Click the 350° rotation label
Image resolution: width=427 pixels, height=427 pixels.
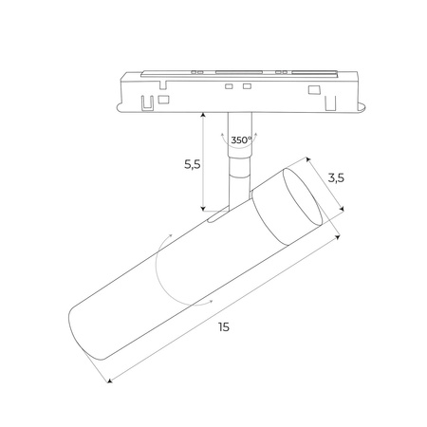241,139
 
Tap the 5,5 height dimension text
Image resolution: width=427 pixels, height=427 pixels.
191,163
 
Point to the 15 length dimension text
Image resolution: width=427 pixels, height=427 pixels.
223,326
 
